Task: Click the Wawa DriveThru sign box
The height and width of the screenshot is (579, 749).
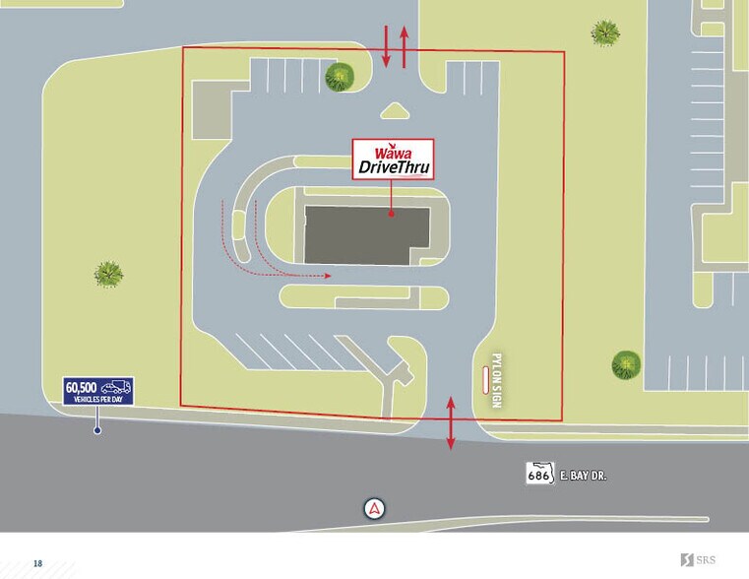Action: (x=393, y=159)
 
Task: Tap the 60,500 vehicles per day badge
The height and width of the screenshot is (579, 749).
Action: (x=97, y=391)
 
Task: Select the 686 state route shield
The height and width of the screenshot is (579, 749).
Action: (x=536, y=474)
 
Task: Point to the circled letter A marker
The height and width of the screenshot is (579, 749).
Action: (x=374, y=508)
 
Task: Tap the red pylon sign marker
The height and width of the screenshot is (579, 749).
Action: (x=483, y=379)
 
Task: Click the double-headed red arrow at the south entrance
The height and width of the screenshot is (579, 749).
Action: (x=451, y=423)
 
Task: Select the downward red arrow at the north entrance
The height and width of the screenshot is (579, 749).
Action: (x=386, y=46)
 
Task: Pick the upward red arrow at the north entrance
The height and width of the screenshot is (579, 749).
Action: (x=403, y=46)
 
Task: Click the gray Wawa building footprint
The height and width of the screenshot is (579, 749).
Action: (x=366, y=235)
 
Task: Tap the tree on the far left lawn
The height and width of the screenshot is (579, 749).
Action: (x=108, y=273)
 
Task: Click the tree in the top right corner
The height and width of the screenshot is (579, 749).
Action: (x=605, y=32)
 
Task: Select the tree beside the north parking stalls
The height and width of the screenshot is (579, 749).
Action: (x=342, y=76)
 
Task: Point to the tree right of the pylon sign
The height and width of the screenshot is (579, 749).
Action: (x=626, y=365)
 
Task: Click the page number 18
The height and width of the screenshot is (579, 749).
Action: (x=37, y=563)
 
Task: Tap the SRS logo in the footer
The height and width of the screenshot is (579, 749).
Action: (x=705, y=561)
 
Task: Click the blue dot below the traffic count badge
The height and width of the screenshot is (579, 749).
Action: (x=96, y=429)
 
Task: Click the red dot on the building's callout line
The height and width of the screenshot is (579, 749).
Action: (x=391, y=213)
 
